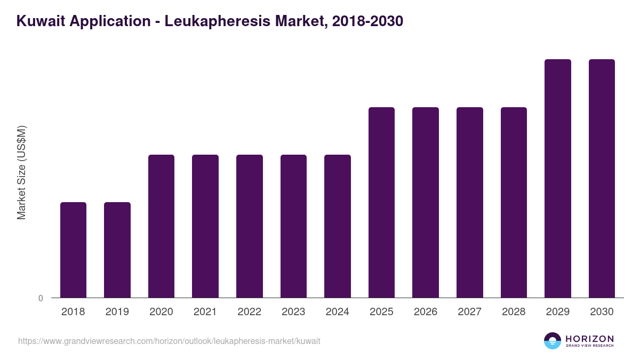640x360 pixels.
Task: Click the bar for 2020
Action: pos(161,226)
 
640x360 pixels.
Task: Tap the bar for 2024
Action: pos(338,226)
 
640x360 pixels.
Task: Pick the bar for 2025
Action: pos(382,202)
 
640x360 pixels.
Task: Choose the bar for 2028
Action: pos(514,202)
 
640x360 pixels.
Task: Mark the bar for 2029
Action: pos(558,178)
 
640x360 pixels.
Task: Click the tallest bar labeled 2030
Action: pos(602,178)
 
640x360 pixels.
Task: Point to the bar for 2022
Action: pos(250,226)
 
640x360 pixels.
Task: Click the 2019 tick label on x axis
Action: pos(117,312)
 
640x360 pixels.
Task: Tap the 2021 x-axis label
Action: pos(205,312)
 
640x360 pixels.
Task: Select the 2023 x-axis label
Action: pos(293,312)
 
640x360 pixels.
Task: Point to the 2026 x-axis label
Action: pos(426,312)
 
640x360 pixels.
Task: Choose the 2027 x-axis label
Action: pos(470,312)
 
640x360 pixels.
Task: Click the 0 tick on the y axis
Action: pos(41,298)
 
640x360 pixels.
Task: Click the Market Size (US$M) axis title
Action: pos(21,173)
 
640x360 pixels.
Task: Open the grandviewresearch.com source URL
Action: pos(169,341)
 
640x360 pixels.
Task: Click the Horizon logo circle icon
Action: pos(553,341)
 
